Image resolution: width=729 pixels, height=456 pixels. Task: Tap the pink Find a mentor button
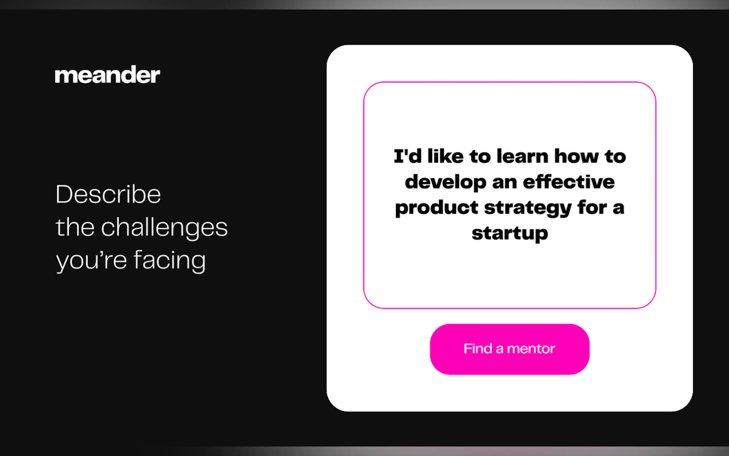click(510, 349)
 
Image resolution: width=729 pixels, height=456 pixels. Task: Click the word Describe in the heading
click(108, 194)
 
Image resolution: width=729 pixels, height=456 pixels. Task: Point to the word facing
click(170, 260)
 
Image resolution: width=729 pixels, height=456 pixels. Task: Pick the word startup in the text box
click(510, 234)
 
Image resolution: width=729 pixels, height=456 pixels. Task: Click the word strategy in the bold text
click(528, 208)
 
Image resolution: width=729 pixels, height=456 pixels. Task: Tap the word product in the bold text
click(437, 208)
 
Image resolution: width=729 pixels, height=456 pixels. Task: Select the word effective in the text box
click(569, 182)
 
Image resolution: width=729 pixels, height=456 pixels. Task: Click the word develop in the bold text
click(446, 182)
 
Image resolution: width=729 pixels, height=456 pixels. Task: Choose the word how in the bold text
click(577, 156)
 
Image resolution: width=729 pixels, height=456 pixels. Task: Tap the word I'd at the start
click(408, 156)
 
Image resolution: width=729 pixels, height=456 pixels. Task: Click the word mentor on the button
click(531, 349)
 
